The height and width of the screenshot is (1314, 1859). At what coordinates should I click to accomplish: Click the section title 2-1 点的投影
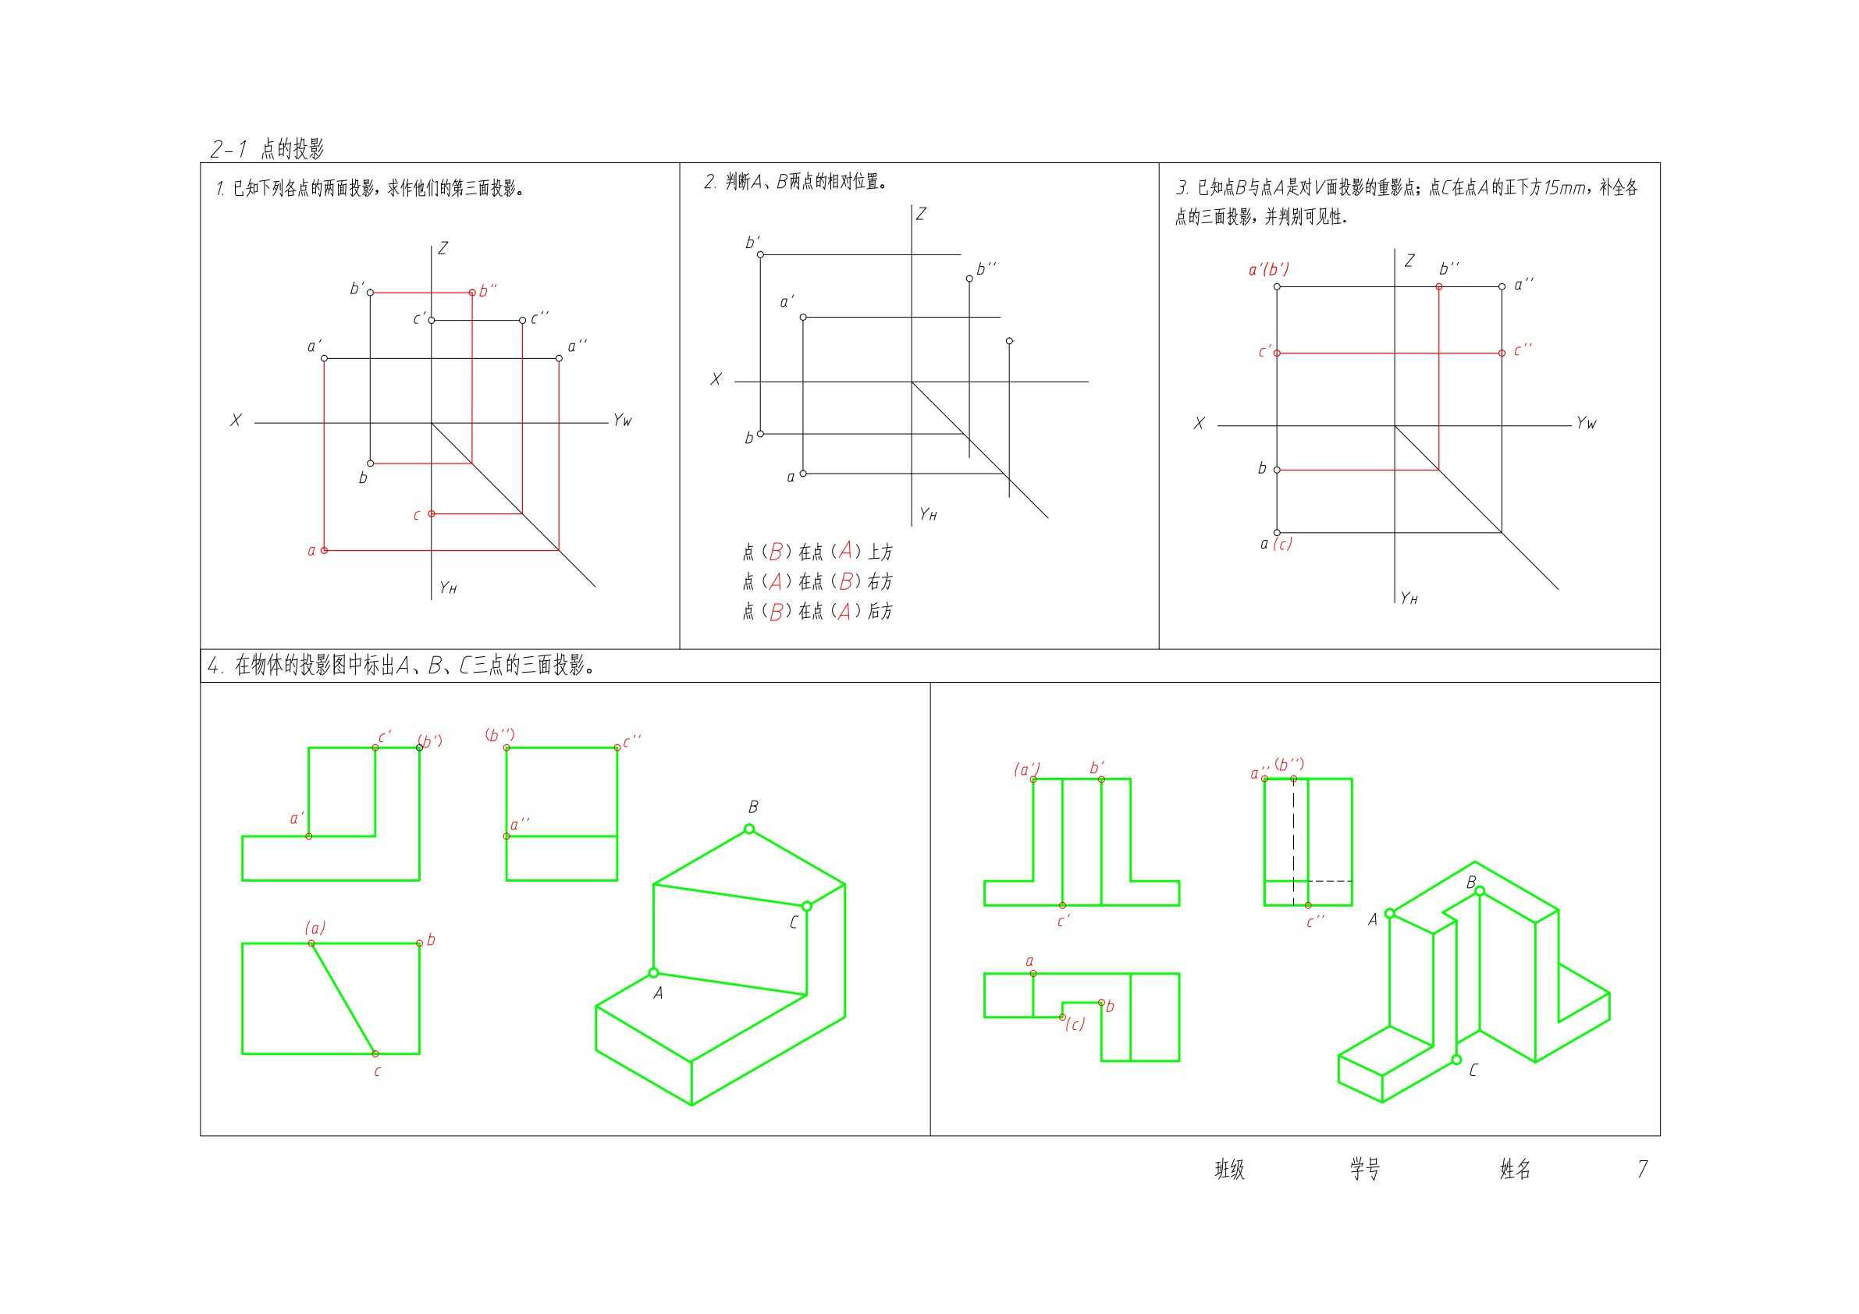coord(267,149)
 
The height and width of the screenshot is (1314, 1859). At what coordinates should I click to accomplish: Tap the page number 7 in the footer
coord(1642,1169)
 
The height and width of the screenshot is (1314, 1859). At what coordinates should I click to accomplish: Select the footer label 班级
coord(1230,1169)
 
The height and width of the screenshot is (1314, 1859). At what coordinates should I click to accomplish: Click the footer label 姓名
coord(1515,1169)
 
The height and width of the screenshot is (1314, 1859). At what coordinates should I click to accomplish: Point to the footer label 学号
coord(1365,1169)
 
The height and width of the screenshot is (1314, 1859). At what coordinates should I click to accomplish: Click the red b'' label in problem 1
coord(488,289)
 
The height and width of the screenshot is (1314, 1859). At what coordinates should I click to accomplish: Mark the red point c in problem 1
coord(432,513)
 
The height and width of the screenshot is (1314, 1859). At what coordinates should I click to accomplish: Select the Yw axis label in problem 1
coord(622,421)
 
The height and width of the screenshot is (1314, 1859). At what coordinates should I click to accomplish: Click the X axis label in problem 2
coord(716,379)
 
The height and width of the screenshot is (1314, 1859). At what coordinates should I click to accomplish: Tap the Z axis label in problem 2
coord(922,214)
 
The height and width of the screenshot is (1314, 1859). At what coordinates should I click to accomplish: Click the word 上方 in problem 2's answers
coord(881,552)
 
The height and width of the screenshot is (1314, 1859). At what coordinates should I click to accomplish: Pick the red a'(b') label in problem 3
coord(1268,268)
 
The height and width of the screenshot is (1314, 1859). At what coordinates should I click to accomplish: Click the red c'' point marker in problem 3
coord(1502,353)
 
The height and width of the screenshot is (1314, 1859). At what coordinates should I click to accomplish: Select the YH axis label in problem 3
coord(1409,598)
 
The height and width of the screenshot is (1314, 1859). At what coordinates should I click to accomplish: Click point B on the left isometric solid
coord(749,829)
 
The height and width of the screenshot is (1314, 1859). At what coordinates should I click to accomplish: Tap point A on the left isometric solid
coord(653,973)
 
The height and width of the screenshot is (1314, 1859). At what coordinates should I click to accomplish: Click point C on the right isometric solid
coord(1456,1060)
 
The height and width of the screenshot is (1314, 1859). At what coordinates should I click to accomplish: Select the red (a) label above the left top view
coord(315,928)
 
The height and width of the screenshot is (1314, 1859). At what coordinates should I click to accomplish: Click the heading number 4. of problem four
coord(215,666)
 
